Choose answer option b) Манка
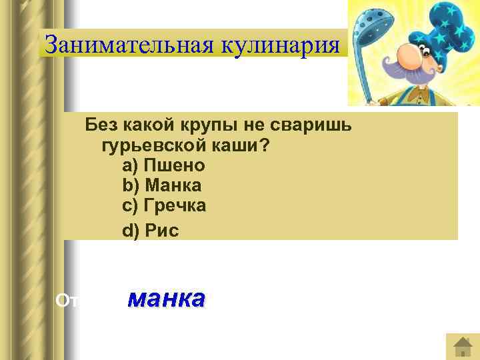click(161, 185)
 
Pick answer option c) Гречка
click(164, 206)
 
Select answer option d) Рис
click(151, 231)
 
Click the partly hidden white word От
click(67, 301)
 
